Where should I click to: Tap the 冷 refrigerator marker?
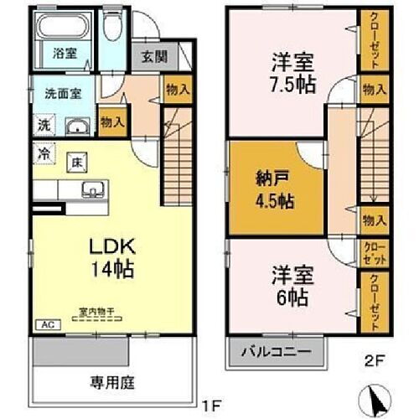(43, 153)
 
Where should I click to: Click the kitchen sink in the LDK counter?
(91, 189)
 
